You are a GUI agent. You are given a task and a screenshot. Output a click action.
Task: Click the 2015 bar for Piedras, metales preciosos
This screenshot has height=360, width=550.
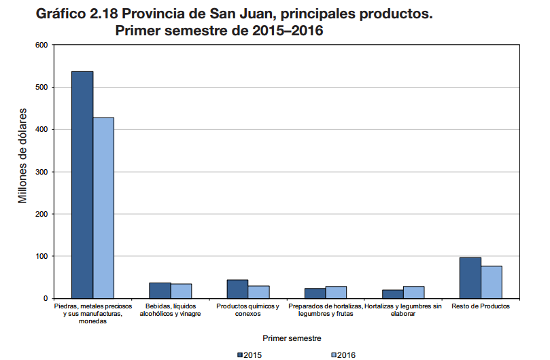coord(82,185)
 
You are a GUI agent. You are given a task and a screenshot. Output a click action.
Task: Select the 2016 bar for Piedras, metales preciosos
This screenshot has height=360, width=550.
coord(103,208)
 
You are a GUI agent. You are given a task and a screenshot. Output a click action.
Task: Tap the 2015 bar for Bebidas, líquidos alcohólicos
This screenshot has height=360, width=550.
coord(160,291)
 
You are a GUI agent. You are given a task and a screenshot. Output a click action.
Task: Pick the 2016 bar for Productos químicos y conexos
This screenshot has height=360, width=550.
coord(259,292)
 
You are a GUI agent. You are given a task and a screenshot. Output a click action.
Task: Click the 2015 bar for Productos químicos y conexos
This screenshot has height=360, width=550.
coord(237,289)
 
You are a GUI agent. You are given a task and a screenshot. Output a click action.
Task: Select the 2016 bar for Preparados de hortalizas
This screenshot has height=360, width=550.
coord(337,292)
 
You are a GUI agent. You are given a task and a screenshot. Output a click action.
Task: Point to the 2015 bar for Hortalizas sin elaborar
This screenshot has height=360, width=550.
coord(392,294)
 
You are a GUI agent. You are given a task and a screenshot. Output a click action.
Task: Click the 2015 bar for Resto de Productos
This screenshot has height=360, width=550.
coord(470,278)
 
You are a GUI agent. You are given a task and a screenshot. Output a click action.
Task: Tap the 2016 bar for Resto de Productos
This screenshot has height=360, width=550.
coord(492,282)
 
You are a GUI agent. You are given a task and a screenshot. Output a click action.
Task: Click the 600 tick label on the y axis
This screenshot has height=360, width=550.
coord(41,45)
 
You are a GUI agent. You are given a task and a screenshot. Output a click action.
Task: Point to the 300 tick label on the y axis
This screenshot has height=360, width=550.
coord(41,172)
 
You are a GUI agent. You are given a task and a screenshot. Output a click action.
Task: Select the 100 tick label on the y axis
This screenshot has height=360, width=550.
coord(41,256)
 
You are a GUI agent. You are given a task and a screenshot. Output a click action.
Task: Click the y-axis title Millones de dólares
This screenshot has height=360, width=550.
coord(22,155)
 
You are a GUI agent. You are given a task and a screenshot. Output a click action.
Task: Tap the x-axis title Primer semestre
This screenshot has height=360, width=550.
coord(292,337)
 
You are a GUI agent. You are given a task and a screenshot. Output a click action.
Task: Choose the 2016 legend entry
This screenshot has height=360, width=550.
coord(342,355)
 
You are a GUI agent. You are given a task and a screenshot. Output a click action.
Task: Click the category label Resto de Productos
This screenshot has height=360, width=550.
coord(481,307)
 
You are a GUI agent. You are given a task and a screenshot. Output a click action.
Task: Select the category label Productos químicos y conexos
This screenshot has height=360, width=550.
coord(247,310)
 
